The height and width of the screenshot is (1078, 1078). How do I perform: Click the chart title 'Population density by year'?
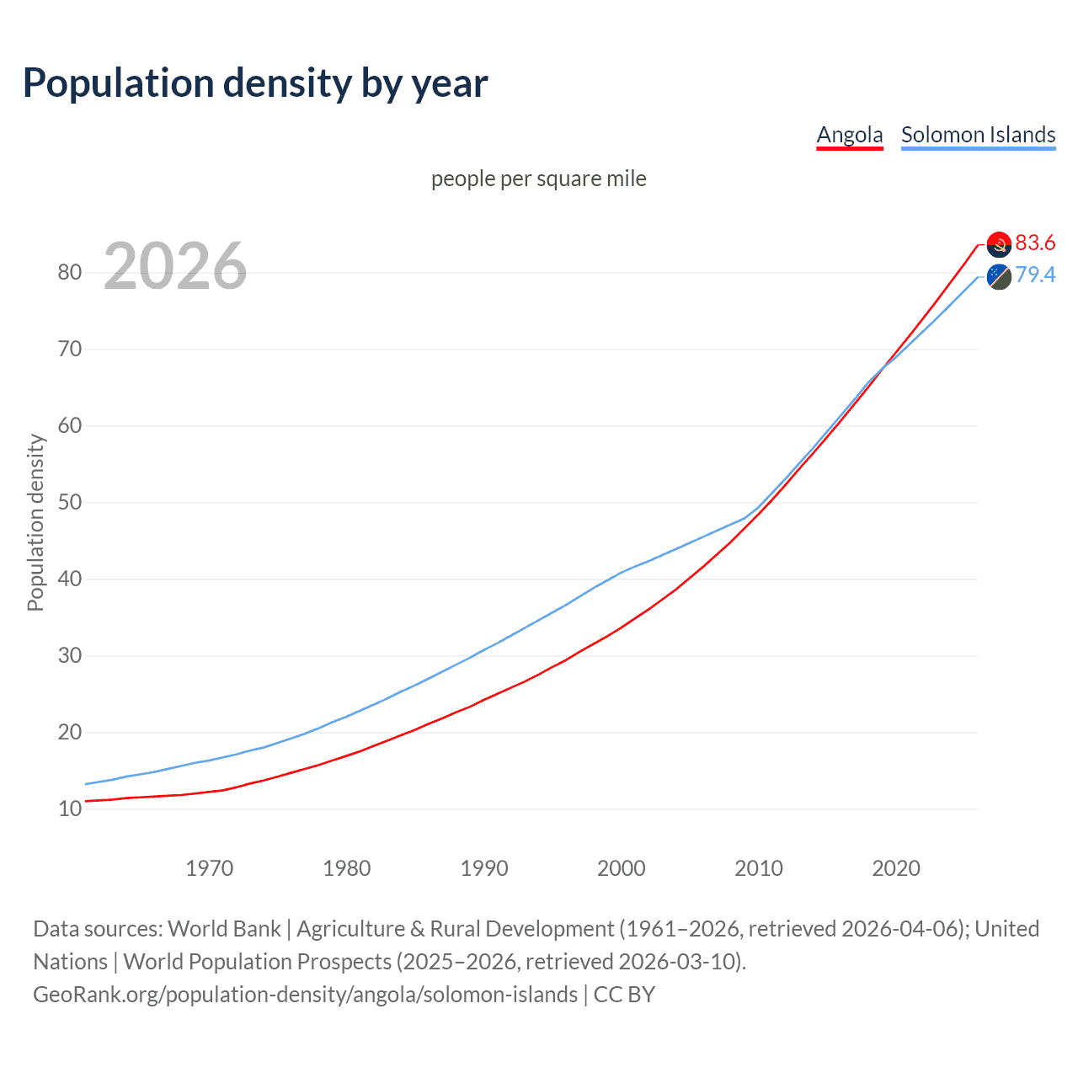pos(255,83)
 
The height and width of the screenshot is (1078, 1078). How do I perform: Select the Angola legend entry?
pos(850,135)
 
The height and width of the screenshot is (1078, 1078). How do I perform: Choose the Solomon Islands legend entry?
pos(978,135)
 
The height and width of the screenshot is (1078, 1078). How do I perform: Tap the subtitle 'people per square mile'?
pos(539,179)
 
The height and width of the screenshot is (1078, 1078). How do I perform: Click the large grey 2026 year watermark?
pos(175,266)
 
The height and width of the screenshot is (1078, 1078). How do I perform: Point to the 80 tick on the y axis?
pos(69,272)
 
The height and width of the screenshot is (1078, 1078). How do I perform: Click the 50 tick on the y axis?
pos(69,502)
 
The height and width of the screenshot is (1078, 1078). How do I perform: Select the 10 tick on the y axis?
pos(69,808)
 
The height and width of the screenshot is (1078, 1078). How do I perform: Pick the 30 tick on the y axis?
pos(69,655)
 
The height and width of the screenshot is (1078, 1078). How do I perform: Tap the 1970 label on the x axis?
pos(209,868)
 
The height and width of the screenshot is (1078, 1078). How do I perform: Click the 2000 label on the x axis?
pos(622,868)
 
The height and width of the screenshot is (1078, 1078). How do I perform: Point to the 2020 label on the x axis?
pos(896,868)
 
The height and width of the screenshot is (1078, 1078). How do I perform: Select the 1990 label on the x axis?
pos(484,868)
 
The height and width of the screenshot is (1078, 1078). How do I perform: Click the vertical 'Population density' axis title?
pos(35,522)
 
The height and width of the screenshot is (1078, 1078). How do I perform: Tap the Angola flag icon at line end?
pos(999,244)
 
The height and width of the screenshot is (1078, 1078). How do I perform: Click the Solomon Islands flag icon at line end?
pos(999,276)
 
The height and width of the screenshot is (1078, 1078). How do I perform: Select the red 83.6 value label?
pos(1035,243)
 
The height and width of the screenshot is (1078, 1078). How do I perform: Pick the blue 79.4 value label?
pos(1035,275)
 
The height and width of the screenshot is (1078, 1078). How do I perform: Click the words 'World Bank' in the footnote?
pos(224,929)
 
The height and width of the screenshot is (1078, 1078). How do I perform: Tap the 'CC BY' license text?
pos(624,995)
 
